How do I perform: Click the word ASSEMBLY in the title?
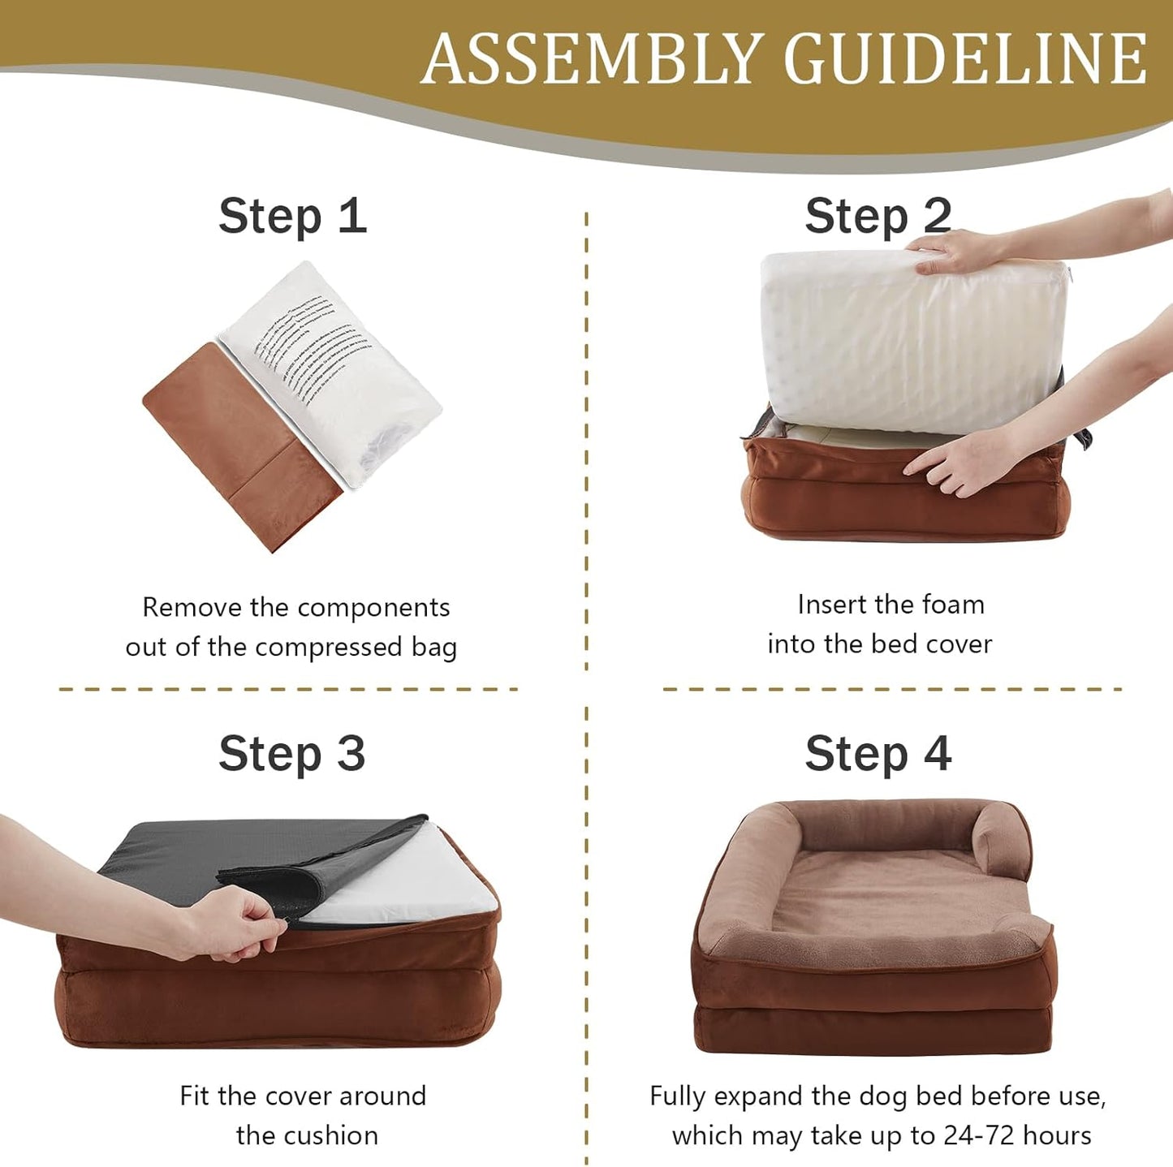pyautogui.click(x=590, y=58)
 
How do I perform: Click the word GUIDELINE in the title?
pyautogui.click(x=965, y=58)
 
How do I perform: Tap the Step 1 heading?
pyautogui.click(x=292, y=217)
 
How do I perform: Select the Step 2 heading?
pyautogui.click(x=878, y=217)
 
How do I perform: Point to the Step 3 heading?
pyautogui.click(x=292, y=754)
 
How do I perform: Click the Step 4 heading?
pyautogui.click(x=878, y=754)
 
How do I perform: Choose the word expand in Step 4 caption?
pyautogui.click(x=760, y=1096)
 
